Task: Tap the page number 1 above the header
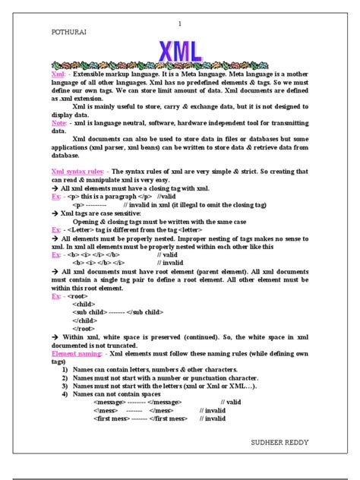click(180, 24)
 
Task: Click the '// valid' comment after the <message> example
click(230, 402)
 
